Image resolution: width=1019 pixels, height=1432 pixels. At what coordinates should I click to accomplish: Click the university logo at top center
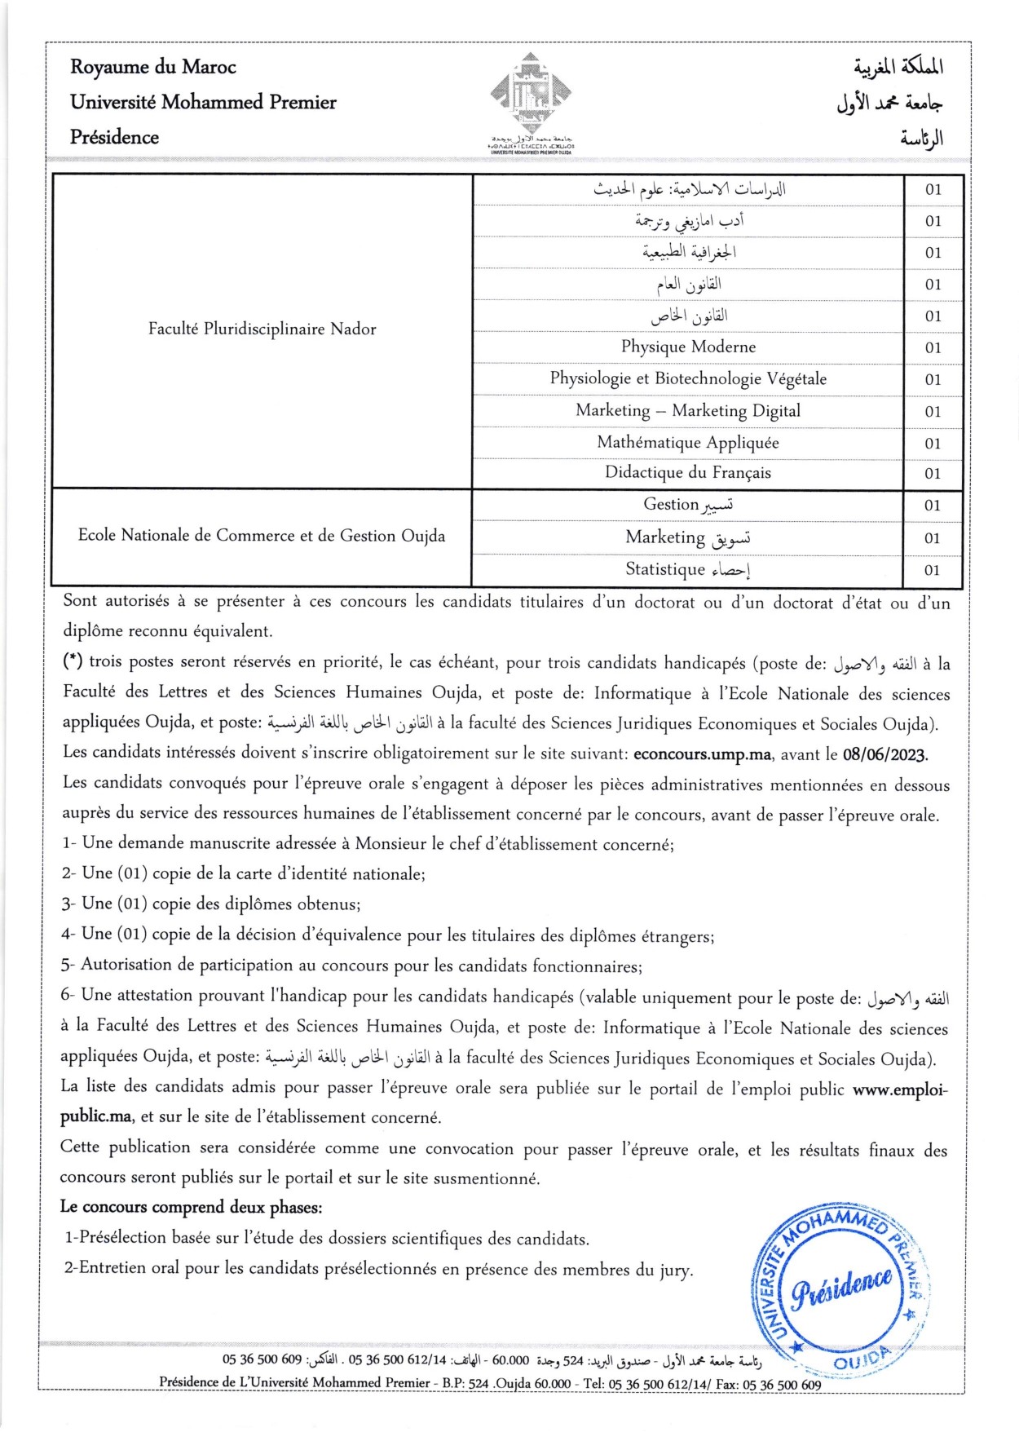point(531,96)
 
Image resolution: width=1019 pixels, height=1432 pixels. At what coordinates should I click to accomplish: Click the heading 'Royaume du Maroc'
point(153,67)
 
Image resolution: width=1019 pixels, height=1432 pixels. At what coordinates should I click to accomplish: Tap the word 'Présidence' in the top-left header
point(114,137)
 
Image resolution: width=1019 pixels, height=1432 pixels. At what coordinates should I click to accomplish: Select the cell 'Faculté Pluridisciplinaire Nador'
point(262,329)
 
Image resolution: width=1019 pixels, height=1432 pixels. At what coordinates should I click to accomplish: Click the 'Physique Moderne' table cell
point(688,347)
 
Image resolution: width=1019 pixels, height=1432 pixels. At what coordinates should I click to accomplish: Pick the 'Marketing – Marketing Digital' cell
point(688,411)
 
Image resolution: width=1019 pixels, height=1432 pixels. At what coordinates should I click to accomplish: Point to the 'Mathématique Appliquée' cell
point(688,443)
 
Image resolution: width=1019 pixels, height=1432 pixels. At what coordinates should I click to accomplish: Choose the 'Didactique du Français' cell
point(688,473)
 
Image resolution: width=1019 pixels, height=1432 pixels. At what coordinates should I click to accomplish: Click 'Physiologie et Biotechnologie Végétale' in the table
point(688,379)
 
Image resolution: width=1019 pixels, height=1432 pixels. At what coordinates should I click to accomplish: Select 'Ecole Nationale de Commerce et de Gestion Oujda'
point(262,536)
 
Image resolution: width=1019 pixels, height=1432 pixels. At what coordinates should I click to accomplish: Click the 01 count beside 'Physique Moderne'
point(933,348)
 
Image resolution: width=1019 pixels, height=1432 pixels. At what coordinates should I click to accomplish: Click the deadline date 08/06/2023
point(884,754)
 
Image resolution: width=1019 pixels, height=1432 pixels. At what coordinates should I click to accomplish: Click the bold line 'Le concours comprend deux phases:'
point(192,1208)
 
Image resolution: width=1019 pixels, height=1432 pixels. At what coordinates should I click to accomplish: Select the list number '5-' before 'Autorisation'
point(68,966)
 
